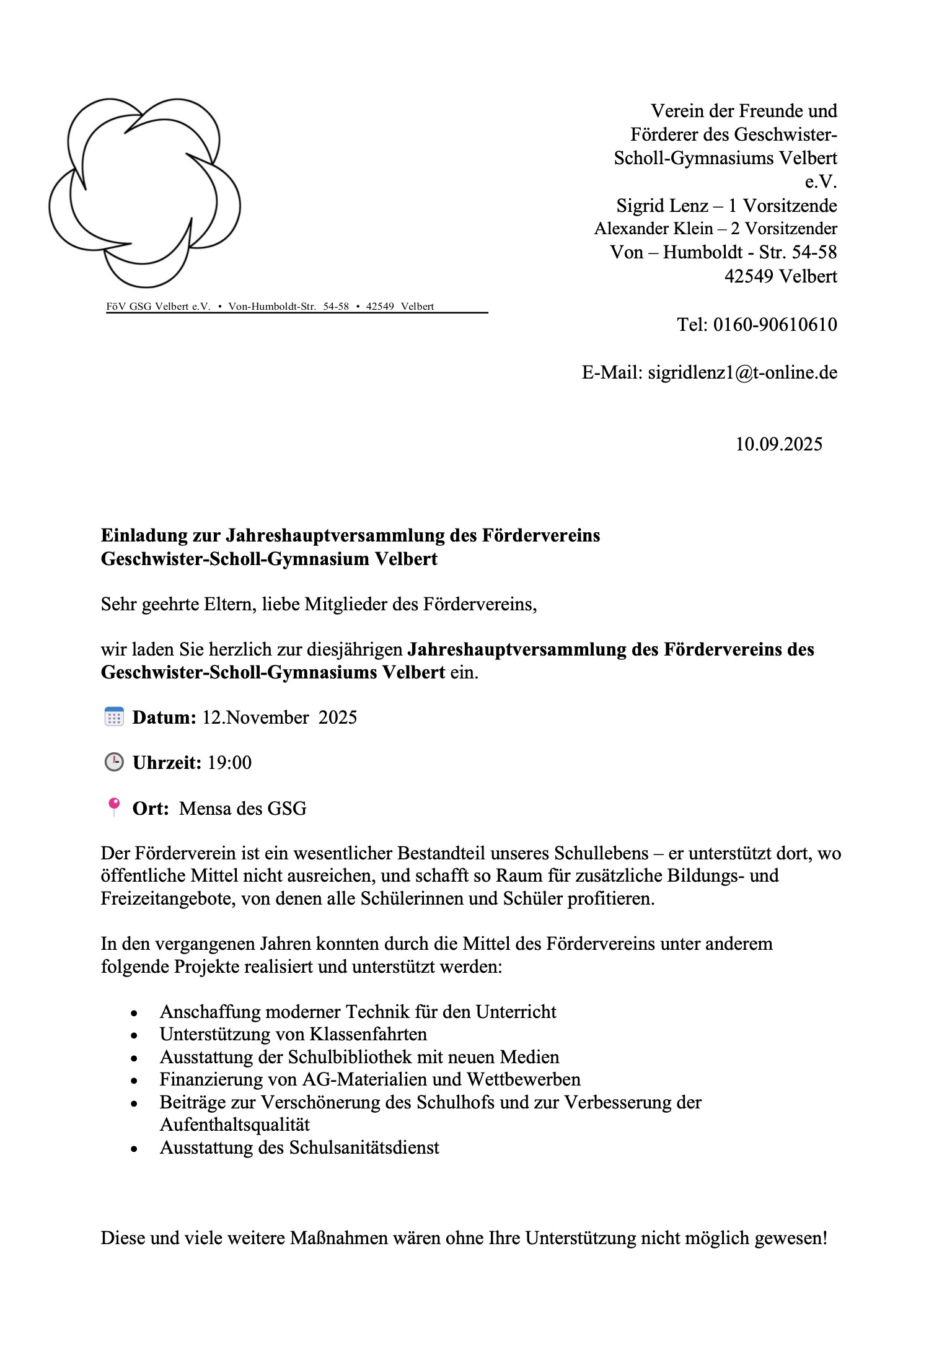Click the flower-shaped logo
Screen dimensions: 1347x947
(x=144, y=192)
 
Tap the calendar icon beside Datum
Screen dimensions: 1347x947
(x=114, y=717)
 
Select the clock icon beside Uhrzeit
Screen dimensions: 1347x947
(x=114, y=762)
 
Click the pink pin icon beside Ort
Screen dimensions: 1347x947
(x=114, y=806)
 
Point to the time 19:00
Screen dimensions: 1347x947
(x=229, y=763)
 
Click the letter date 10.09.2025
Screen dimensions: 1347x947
(x=778, y=444)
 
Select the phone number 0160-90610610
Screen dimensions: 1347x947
(x=775, y=325)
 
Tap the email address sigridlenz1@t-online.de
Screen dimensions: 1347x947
(x=742, y=372)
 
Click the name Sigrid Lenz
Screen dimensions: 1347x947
(x=662, y=206)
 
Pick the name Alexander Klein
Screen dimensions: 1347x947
(x=653, y=229)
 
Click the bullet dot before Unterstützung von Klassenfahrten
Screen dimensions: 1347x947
(x=134, y=1035)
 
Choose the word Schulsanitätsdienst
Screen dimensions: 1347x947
(x=364, y=1147)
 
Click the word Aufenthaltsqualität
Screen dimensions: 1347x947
(x=235, y=1125)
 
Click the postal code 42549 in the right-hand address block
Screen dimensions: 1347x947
(x=749, y=276)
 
